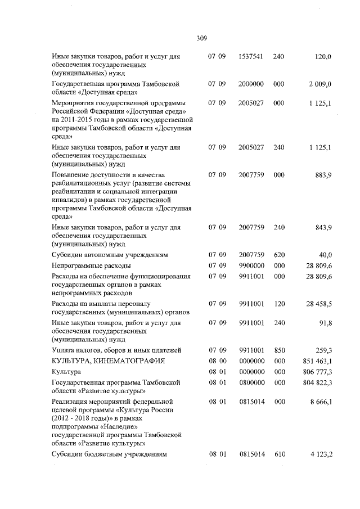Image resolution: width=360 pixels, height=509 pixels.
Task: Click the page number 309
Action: [x=202, y=39]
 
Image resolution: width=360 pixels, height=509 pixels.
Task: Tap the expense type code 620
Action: [x=279, y=255]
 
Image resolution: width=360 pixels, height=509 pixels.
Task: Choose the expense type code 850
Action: [x=279, y=350]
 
